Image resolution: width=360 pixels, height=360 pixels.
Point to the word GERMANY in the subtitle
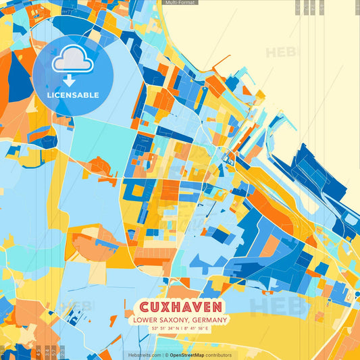click(210, 320)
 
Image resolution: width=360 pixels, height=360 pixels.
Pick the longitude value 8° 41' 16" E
click(201, 328)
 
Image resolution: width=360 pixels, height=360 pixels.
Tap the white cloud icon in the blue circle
click(73, 60)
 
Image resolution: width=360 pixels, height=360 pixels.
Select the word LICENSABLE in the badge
click(73, 95)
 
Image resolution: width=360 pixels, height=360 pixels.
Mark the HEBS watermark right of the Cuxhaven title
click(270, 307)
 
